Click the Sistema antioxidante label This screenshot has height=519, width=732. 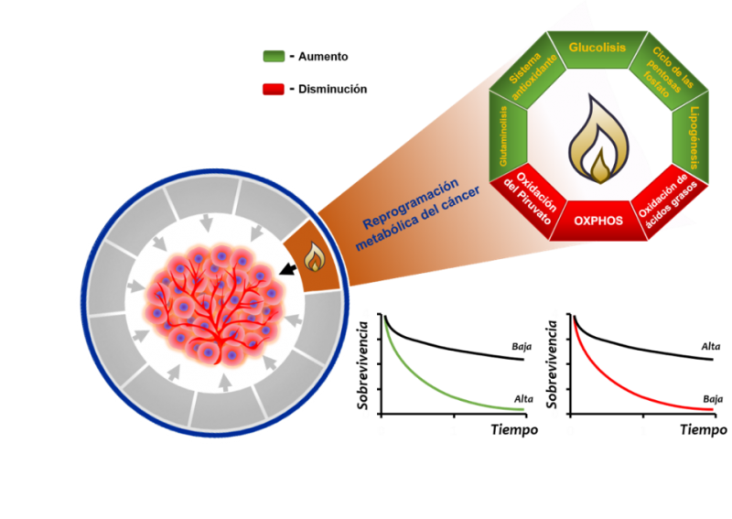[527, 74]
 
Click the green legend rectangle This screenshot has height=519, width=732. [274, 56]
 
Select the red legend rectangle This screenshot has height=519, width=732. [274, 90]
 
